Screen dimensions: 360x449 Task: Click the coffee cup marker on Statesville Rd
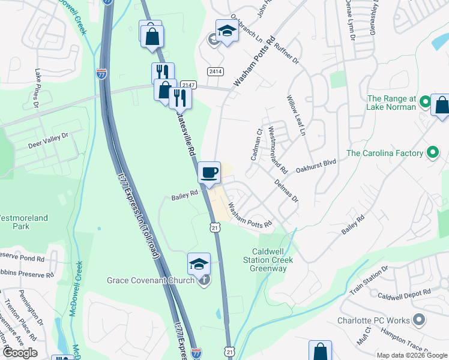pyautogui.click(x=209, y=173)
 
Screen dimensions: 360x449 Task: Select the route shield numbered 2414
pyautogui.click(x=215, y=71)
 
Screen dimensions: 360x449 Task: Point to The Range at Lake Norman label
pyautogui.click(x=391, y=103)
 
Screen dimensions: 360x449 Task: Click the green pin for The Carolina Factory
pyautogui.click(x=432, y=153)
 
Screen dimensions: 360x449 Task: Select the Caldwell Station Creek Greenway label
pyautogui.click(x=268, y=260)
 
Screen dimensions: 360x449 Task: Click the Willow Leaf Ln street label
pyautogui.click(x=297, y=115)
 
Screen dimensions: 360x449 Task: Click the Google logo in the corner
pyautogui.click(x=20, y=353)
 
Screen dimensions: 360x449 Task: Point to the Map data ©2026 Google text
pyautogui.click(x=411, y=355)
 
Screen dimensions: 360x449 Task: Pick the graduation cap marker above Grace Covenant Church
pyautogui.click(x=199, y=263)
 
